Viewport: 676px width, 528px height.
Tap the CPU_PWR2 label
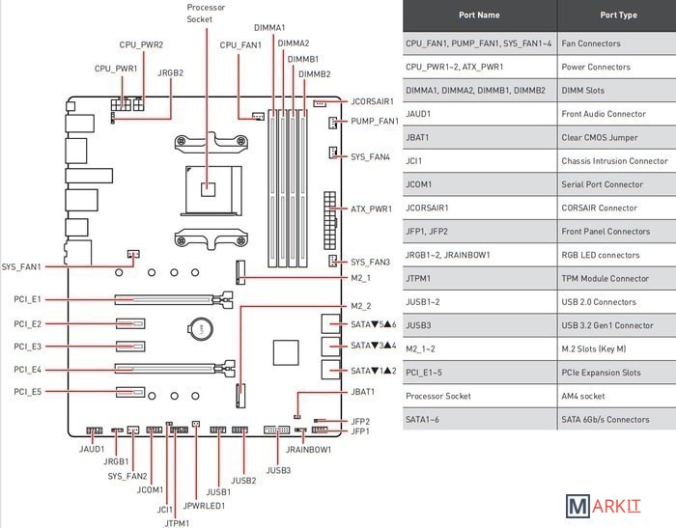coord(141,45)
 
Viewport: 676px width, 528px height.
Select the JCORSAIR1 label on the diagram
coord(374,100)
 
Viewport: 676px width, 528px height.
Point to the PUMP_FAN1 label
coord(375,122)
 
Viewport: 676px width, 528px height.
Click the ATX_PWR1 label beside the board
coord(371,208)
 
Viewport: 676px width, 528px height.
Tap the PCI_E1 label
coord(29,299)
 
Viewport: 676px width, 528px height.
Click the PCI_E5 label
coord(29,392)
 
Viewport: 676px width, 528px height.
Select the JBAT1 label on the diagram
coord(363,392)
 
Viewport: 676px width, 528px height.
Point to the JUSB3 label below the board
coord(278,470)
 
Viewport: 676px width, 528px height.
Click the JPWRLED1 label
coord(204,505)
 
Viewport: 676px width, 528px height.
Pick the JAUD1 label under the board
coord(92,449)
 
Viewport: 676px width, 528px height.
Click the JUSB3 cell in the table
coord(419,325)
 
